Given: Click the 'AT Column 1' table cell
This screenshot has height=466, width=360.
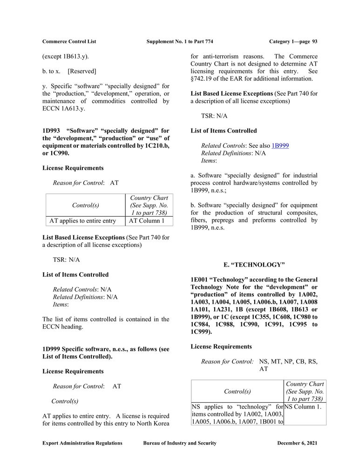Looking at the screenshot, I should tap(147, 221).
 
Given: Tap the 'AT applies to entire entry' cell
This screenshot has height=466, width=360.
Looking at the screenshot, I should tap(82, 221).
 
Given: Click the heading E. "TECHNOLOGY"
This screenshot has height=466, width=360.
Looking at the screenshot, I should tap(254, 265).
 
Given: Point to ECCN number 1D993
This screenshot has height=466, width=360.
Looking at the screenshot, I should tap(52, 131).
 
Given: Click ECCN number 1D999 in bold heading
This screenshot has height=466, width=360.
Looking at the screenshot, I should tap(52, 349).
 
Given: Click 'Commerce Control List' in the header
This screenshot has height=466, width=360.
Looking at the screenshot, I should tap(69, 41).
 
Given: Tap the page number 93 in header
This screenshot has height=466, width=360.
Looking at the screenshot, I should tap(315, 41).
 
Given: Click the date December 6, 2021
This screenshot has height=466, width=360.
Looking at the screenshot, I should tap(297, 443).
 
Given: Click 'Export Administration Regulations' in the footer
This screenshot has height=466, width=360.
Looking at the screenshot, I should tap(82, 443).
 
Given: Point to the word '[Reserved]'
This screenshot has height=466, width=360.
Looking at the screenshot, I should tap(82, 71).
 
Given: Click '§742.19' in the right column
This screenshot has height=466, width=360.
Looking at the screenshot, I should tap(203, 79).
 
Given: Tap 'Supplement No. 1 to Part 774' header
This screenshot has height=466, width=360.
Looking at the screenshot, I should tap(180, 41).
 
